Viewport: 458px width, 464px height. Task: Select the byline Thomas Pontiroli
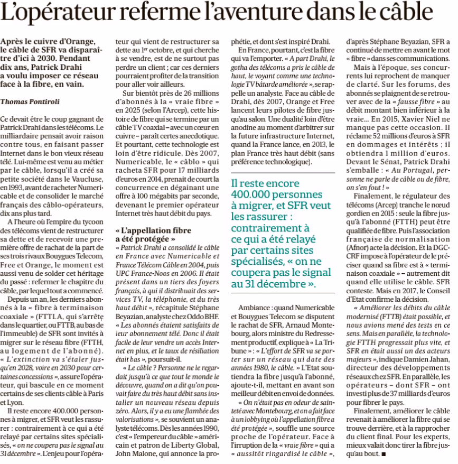click(30, 100)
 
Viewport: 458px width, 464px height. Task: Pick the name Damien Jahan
click(425, 359)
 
